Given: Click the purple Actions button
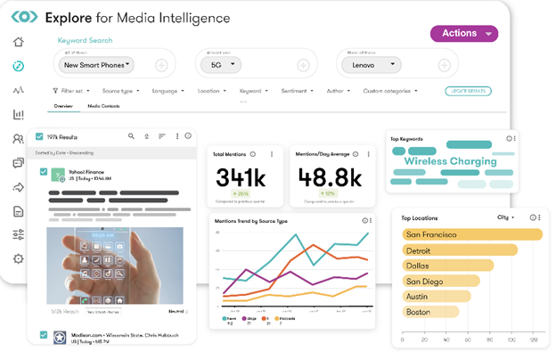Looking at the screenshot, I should pos(463,34).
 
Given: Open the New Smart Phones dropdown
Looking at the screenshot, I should pos(97,65).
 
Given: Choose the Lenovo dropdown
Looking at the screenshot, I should pos(372,65).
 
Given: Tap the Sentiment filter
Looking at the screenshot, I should pos(298,91).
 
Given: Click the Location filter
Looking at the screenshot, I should pos(210,91).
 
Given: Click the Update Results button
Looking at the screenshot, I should pos(468,91).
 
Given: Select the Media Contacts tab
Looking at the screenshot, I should pos(103,106).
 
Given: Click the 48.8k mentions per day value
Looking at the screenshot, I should pos(329,176).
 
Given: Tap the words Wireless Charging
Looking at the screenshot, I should pos(450,161).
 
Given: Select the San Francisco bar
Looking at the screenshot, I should pos(472,234).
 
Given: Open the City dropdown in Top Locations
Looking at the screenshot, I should pos(506,217).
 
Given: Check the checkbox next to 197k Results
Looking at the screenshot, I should pos(39,136).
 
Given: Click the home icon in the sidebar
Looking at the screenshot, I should pos(19,42).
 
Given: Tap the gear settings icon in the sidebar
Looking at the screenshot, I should pos(19,258).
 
